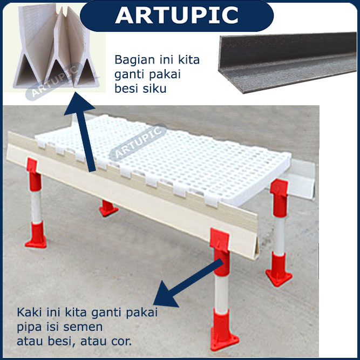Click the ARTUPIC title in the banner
pyautogui.click(x=177, y=15)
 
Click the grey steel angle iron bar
pyautogui.click(x=287, y=63)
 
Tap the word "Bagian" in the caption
pyautogui.click(x=134, y=60)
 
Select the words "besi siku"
pyautogui.click(x=140, y=89)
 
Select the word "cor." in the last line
pyautogui.click(x=121, y=342)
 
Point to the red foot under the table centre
pyautogui.click(x=108, y=208)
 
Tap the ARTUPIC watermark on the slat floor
pyautogui.click(x=138, y=142)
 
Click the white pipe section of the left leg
pyautogui.click(x=36, y=207)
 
